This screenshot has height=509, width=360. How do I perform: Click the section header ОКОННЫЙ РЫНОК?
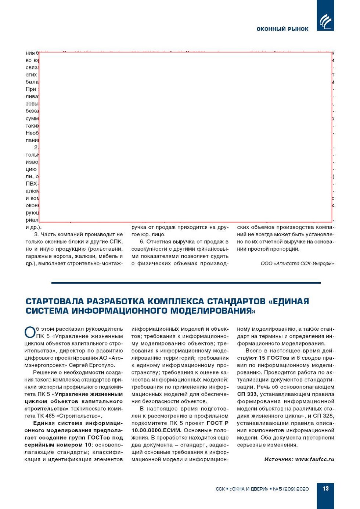(282, 29)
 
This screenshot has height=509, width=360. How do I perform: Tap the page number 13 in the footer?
(325, 488)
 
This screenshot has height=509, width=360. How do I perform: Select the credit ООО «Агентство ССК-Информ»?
(297, 264)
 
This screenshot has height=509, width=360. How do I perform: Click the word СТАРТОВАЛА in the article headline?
(58, 301)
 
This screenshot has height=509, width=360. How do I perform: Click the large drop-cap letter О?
(30, 332)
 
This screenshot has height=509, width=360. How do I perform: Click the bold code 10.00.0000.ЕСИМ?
(156, 430)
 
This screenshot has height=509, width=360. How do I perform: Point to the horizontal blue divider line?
(186, 283)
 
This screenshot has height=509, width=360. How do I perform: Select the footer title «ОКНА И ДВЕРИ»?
(249, 489)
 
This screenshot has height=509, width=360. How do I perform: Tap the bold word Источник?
(278, 459)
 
